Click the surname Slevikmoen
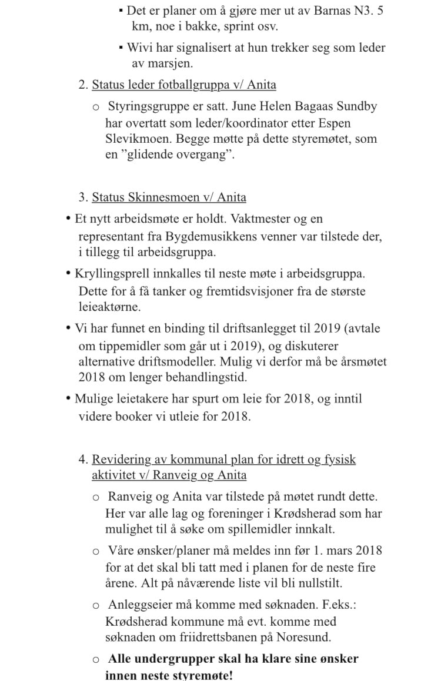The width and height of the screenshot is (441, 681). (135, 139)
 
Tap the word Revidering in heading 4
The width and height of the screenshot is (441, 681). (120, 459)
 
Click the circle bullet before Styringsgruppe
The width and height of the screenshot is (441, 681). (96, 108)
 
